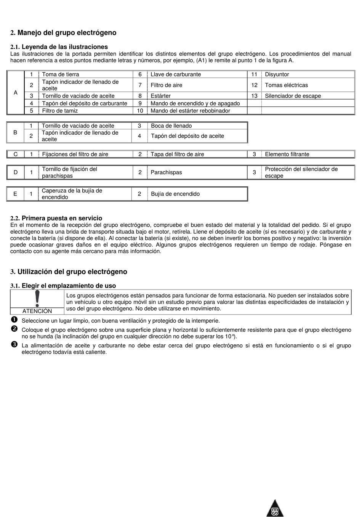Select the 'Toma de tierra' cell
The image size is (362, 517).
point(61,74)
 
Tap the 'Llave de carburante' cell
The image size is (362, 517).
point(176,74)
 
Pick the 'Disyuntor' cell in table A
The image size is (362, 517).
point(277,74)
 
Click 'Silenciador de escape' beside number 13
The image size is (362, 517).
point(293,96)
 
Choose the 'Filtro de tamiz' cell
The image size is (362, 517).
point(60,111)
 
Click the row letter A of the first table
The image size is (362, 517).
point(16,92)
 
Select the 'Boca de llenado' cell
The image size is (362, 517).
point(171,126)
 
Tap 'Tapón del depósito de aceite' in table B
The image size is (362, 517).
point(187,136)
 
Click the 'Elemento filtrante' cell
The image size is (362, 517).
point(287,154)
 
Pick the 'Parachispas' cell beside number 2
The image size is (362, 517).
point(166,172)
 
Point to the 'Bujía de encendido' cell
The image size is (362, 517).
point(175,194)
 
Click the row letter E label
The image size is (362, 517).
point(15,194)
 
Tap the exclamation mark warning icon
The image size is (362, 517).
point(37,299)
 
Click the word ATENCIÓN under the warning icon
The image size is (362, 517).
point(37,311)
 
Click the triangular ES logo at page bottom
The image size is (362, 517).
point(275,509)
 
